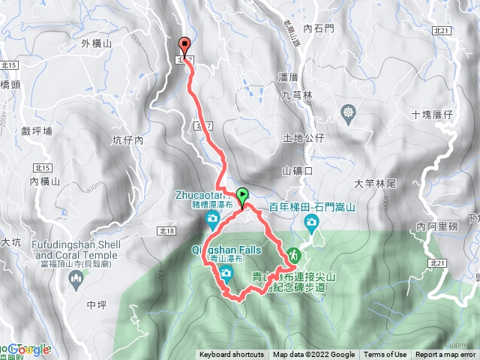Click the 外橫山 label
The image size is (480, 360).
pyautogui.click(x=96, y=44)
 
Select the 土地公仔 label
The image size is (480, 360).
pyautogui.click(x=303, y=138)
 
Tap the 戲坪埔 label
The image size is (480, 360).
pyautogui.click(x=38, y=130)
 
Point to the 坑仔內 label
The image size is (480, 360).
pyautogui.click(x=127, y=140)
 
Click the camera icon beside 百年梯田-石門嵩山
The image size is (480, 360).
pyautogui.click(x=311, y=221)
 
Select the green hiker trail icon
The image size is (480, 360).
pyautogui.click(x=293, y=254)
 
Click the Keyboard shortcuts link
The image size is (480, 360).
pyautogui.click(x=231, y=355)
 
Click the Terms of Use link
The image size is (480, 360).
pyautogui.click(x=385, y=355)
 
